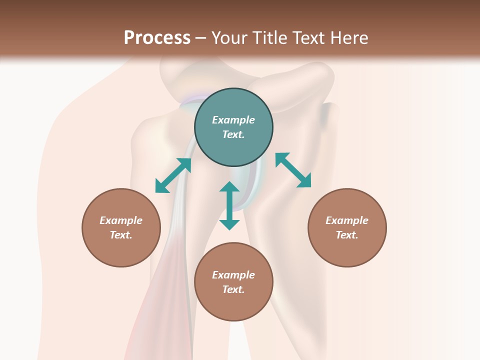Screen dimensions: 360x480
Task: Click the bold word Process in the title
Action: [x=157, y=38]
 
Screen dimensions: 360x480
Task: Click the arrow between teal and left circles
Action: [x=173, y=175]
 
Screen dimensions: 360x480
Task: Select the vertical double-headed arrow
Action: [x=229, y=205]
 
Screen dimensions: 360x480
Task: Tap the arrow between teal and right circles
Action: [x=293, y=170]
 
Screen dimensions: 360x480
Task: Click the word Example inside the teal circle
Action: [x=233, y=120]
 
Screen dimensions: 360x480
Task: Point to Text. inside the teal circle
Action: [x=233, y=134]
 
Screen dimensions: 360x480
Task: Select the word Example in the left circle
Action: [x=121, y=220]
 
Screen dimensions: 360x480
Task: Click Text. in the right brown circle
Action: [x=347, y=235]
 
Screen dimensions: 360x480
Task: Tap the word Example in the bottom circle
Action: [x=233, y=275]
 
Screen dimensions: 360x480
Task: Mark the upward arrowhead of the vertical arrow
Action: [x=229, y=187]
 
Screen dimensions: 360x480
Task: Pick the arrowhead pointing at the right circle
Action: [x=304, y=181]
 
